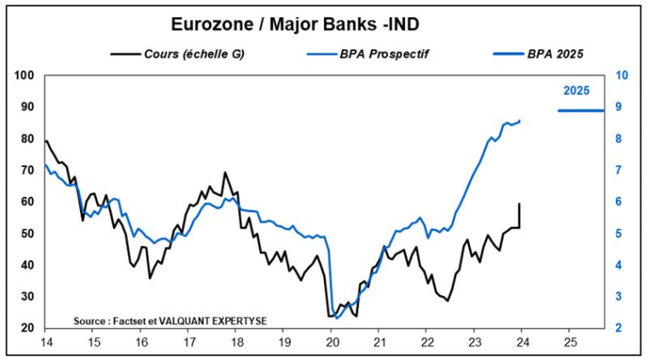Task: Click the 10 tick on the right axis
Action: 622,75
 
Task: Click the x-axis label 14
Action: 44,341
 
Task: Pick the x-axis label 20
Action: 332,341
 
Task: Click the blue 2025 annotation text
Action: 577,90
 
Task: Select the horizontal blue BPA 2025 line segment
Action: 581,110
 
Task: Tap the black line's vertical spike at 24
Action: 519,213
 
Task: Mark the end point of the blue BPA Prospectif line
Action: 520,120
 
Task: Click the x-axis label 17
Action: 188,341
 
